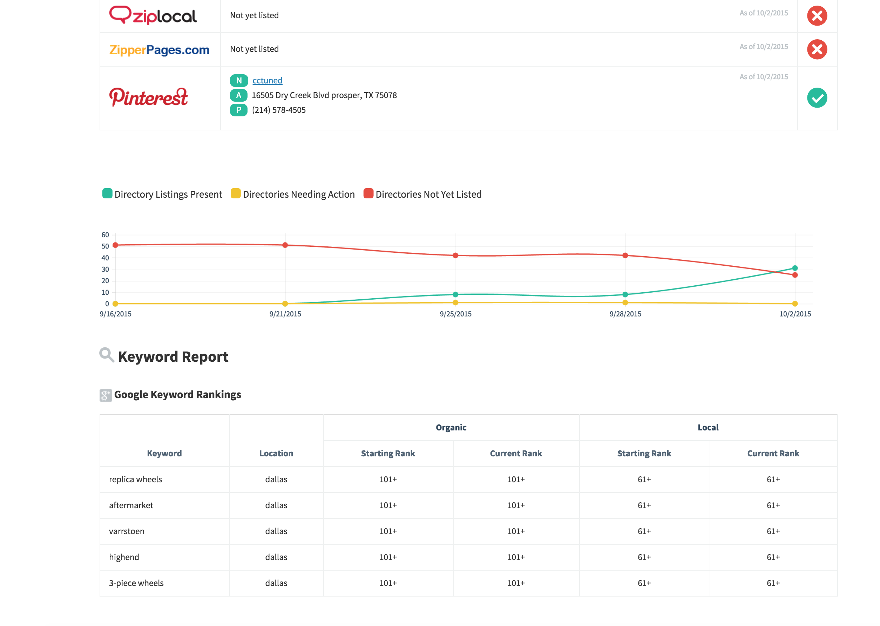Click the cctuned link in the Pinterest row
click(267, 81)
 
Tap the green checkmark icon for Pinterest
click(817, 98)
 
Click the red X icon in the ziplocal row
click(817, 16)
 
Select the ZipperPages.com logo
click(159, 50)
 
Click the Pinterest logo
click(149, 97)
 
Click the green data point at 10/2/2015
click(795, 268)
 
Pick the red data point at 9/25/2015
click(455, 256)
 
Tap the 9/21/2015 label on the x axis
click(285, 314)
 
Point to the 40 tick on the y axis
click(105, 258)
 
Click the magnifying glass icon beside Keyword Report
click(106, 355)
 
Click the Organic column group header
click(451, 428)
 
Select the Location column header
click(276, 453)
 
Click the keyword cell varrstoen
click(127, 531)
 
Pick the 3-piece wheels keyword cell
click(136, 583)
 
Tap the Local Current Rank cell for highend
click(773, 557)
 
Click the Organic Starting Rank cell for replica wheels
click(388, 479)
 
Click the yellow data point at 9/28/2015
click(625, 303)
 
